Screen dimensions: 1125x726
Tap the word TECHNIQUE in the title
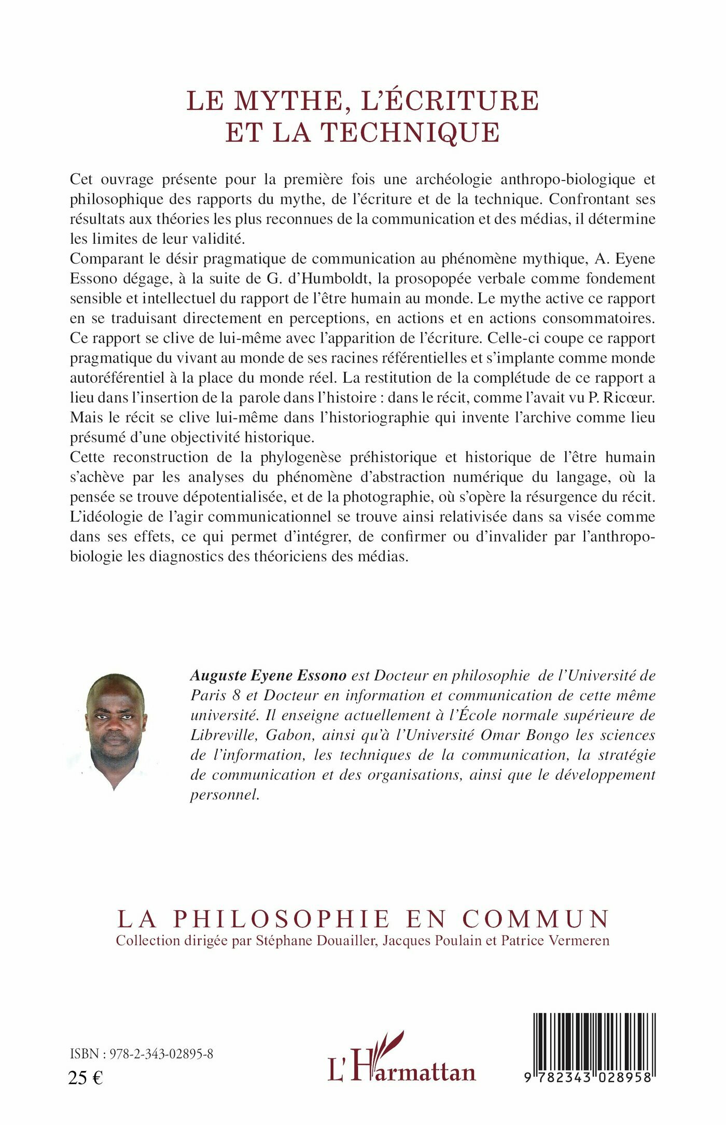[x=410, y=132]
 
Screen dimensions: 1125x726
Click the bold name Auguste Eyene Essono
[x=268, y=675]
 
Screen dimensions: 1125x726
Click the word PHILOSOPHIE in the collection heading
[x=282, y=919]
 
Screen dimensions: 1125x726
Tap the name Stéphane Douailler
[x=315, y=940]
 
